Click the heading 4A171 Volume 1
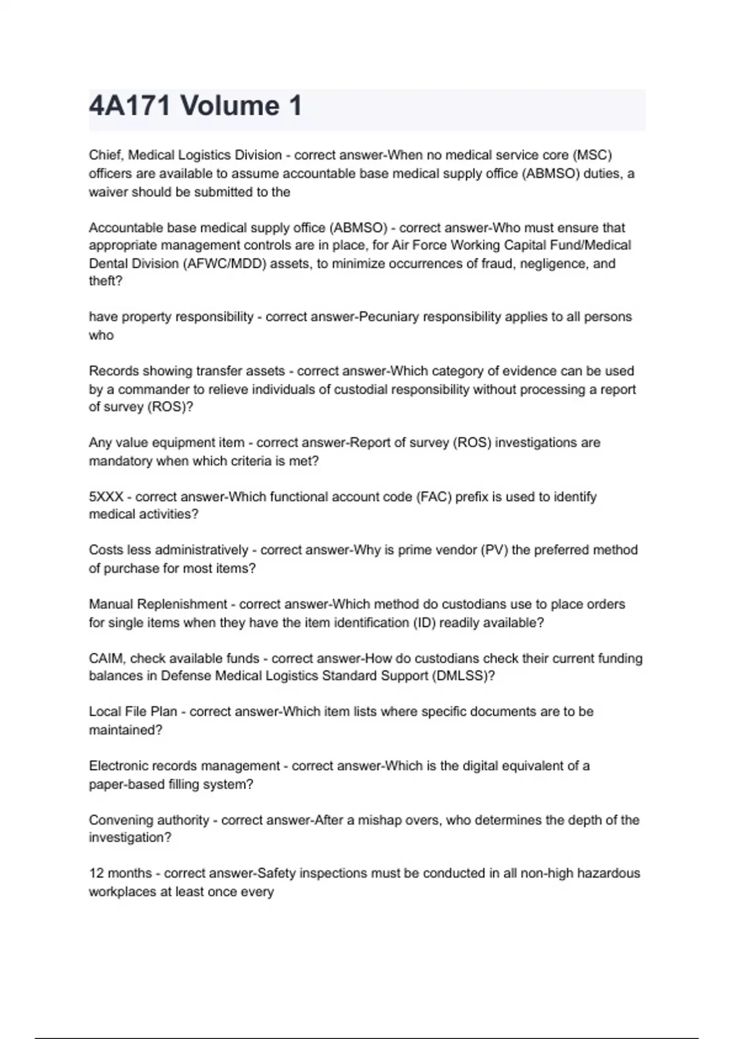tap(196, 106)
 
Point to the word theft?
tap(106, 281)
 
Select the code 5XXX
tap(106, 497)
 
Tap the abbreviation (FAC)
tap(434, 497)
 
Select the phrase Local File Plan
tap(133, 712)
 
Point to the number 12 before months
tap(97, 873)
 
